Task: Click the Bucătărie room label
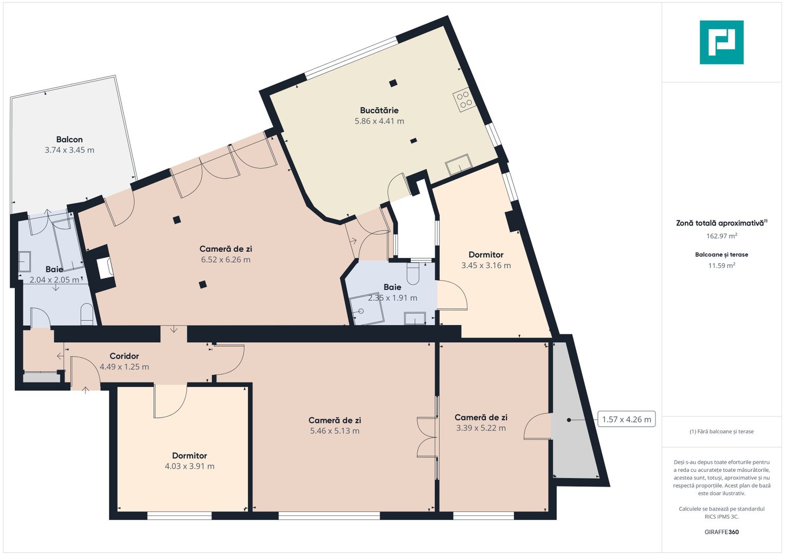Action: click(x=379, y=110)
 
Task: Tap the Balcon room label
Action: click(x=69, y=139)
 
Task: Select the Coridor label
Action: click(x=124, y=356)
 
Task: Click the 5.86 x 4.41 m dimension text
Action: click(x=379, y=121)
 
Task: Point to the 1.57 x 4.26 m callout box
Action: click(x=626, y=419)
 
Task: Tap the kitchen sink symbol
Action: click(x=459, y=165)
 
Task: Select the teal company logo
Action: click(x=721, y=42)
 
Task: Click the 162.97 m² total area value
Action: click(x=721, y=236)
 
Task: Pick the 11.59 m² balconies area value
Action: click(x=721, y=266)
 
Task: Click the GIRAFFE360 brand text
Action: click(x=721, y=532)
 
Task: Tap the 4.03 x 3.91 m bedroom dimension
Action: click(x=189, y=466)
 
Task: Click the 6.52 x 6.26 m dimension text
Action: click(x=226, y=260)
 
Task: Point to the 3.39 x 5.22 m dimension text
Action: click(x=481, y=428)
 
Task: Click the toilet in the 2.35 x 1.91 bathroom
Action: click(x=413, y=274)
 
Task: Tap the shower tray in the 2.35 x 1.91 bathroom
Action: click(x=367, y=310)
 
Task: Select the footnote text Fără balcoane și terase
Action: click(x=721, y=432)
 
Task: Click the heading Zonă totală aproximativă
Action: click(x=720, y=223)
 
